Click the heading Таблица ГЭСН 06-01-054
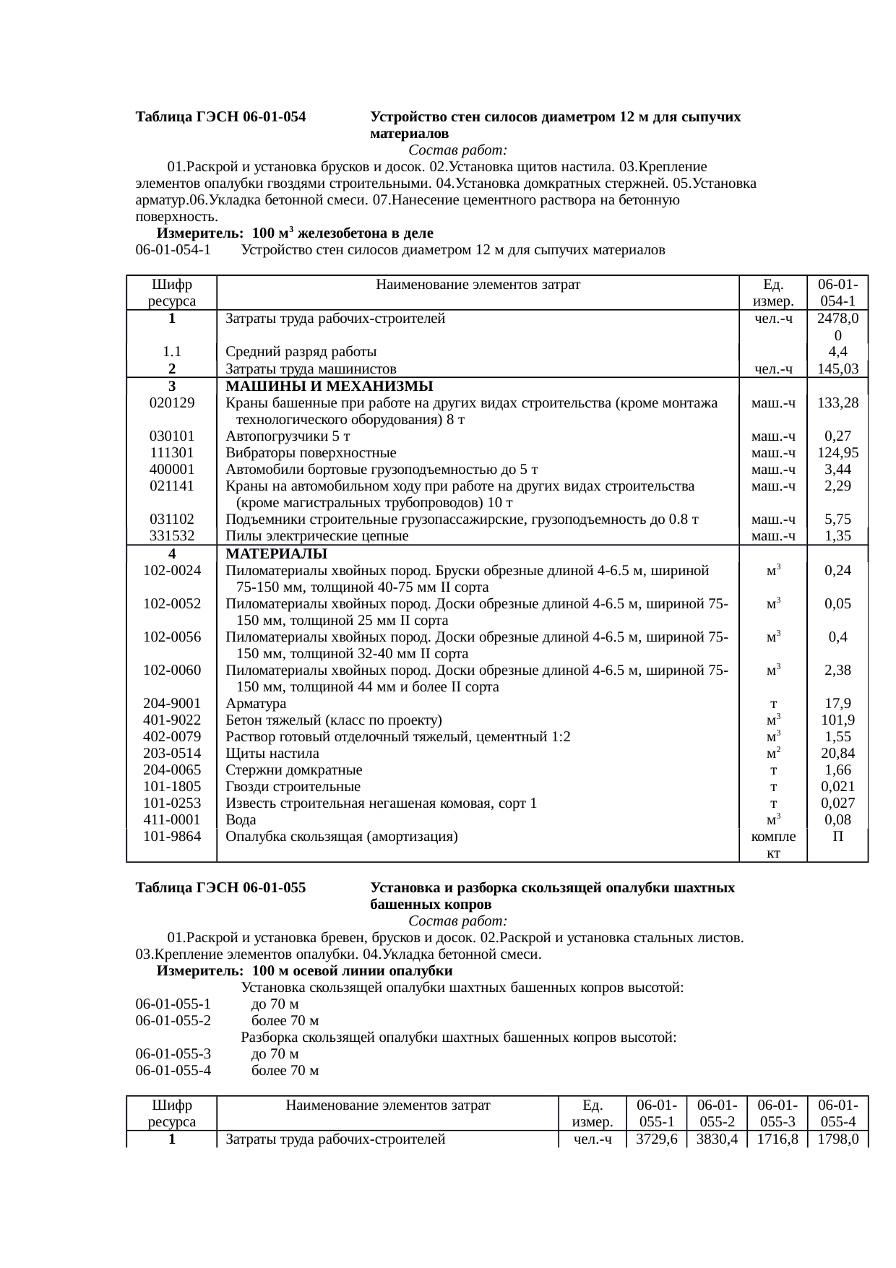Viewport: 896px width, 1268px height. tap(220, 117)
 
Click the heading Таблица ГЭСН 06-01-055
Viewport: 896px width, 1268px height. tap(220, 887)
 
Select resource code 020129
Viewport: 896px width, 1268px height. tap(171, 403)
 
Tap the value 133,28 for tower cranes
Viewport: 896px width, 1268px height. tap(837, 403)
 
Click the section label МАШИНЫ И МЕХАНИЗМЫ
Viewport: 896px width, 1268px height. tap(329, 386)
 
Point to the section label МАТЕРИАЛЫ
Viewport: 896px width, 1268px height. tap(276, 554)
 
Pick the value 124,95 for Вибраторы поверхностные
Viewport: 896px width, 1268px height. tap(837, 453)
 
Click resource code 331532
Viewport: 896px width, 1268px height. tap(171, 536)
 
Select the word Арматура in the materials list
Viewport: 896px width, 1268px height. tap(256, 704)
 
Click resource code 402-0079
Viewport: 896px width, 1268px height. tap(172, 737)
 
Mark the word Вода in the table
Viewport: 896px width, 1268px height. tap(241, 820)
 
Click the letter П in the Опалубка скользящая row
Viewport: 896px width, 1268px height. tap(837, 837)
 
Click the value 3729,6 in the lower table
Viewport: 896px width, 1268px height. tap(656, 1140)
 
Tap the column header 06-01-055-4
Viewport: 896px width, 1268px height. tap(837, 1113)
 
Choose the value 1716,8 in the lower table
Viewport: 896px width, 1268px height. tap(777, 1140)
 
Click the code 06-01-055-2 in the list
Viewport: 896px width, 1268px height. tap(173, 1021)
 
